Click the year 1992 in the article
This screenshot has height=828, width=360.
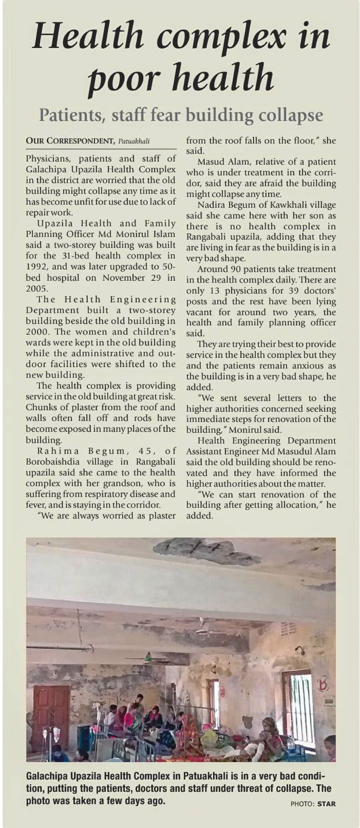coord(37,267)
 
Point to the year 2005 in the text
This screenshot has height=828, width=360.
coord(37,288)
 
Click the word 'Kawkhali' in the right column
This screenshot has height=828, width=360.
coord(289,205)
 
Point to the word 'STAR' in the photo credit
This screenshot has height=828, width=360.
coord(326,804)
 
